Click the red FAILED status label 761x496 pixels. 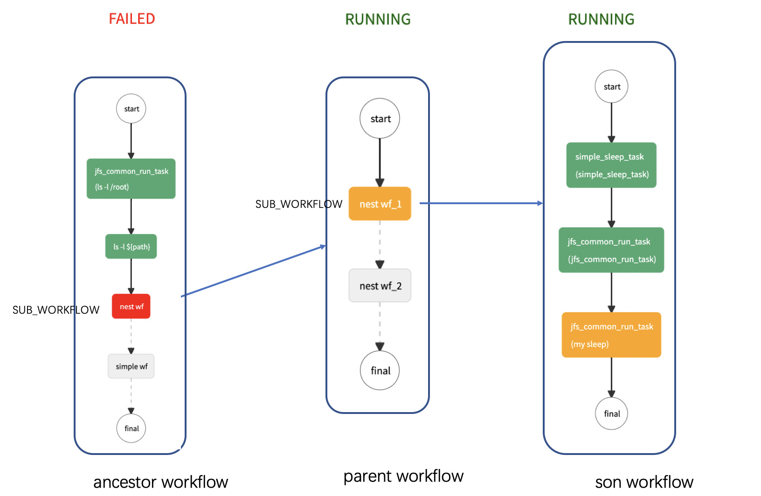(x=131, y=19)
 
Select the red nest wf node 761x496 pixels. (x=131, y=306)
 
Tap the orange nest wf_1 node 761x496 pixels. (x=380, y=204)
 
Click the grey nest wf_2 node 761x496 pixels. (x=380, y=285)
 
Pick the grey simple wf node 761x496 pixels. (x=131, y=366)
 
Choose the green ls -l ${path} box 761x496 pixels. (x=131, y=246)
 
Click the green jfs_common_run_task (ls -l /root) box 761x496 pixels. (x=131, y=179)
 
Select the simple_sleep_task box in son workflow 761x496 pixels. (x=611, y=165)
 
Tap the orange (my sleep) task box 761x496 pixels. (x=611, y=335)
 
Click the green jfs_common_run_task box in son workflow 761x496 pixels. (x=611, y=250)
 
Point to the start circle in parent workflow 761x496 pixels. (x=380, y=118)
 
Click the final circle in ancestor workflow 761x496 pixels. (x=131, y=428)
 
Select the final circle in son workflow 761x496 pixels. (x=611, y=413)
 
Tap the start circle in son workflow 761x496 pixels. (x=611, y=87)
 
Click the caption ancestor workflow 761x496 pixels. (x=160, y=482)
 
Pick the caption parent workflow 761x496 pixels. (x=403, y=476)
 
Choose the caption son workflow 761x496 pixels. (x=644, y=482)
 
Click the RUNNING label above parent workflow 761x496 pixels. (x=378, y=19)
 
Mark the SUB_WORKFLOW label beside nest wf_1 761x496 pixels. (x=298, y=204)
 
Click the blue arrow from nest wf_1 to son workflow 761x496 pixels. (x=480, y=203)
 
